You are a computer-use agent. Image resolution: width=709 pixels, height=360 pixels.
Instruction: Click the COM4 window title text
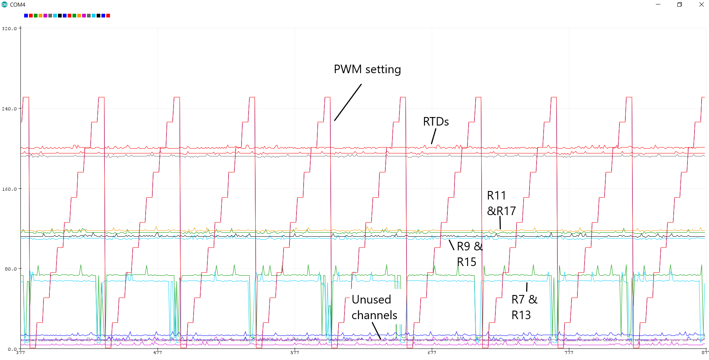pos(17,5)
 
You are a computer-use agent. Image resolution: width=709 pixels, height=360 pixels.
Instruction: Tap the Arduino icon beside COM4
pos(4,5)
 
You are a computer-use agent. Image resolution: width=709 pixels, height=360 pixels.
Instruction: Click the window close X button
pos(701,4)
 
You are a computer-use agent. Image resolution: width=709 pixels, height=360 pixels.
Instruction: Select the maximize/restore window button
pos(679,4)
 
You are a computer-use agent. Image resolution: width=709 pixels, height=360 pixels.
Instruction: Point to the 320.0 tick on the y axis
pos(9,29)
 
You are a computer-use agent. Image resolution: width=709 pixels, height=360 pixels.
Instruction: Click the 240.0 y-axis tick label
pos(9,109)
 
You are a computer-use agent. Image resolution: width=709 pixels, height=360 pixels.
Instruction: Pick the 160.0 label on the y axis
pos(9,189)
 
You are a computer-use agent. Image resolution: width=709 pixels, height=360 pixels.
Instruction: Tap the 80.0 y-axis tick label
pos(10,269)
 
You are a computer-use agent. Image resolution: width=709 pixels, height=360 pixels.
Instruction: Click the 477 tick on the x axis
pos(158,353)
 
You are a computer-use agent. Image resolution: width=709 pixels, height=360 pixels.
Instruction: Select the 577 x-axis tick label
pos(295,353)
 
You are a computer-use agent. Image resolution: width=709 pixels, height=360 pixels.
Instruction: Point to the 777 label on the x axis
pos(569,353)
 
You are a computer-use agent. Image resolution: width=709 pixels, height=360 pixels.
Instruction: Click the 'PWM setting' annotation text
pos(367,69)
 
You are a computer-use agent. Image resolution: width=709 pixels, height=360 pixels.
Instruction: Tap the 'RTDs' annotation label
pos(436,122)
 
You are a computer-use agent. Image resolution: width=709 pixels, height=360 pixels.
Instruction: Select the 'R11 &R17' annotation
pos(501,203)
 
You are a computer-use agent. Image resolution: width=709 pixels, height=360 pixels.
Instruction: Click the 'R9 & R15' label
pos(469,254)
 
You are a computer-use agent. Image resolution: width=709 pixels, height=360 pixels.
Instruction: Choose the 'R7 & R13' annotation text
pos(524,307)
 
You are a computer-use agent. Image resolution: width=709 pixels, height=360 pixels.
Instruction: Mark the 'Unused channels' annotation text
pos(374,307)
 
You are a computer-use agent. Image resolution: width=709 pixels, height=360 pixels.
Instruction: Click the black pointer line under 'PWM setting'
pos(348,102)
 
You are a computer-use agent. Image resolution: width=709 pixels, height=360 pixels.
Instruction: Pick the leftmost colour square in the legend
pos(26,16)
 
